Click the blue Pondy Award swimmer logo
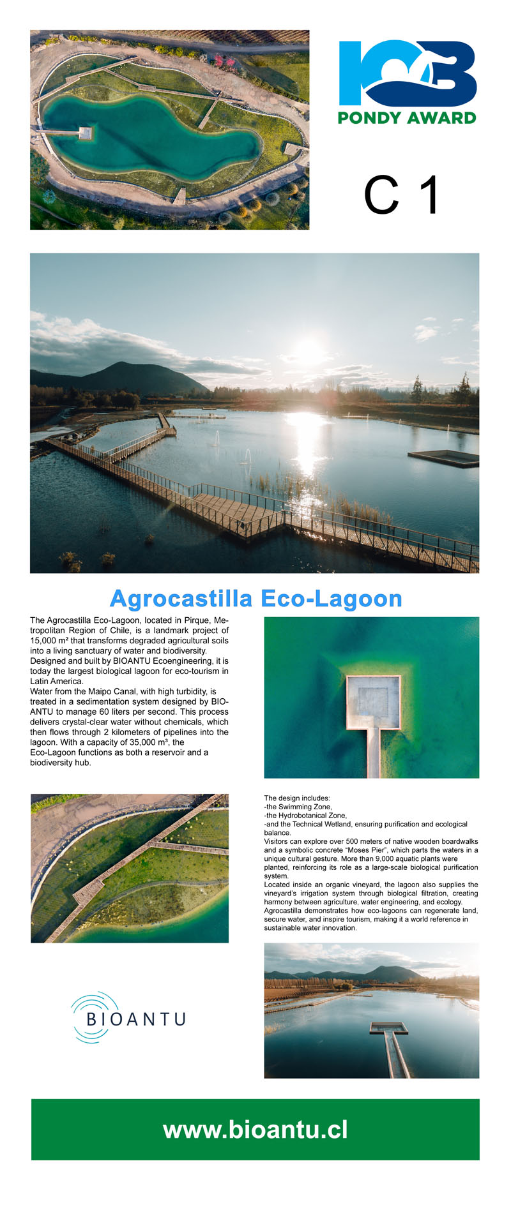(x=408, y=73)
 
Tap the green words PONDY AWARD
(x=407, y=117)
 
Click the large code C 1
(x=402, y=195)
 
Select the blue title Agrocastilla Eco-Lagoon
(x=256, y=599)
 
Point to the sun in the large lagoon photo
(x=309, y=350)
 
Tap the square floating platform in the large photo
(x=444, y=457)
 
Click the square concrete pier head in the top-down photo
(x=373, y=703)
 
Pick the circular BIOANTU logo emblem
(x=94, y=1017)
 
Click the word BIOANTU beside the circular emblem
(x=135, y=1019)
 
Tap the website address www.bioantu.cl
(x=256, y=1130)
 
